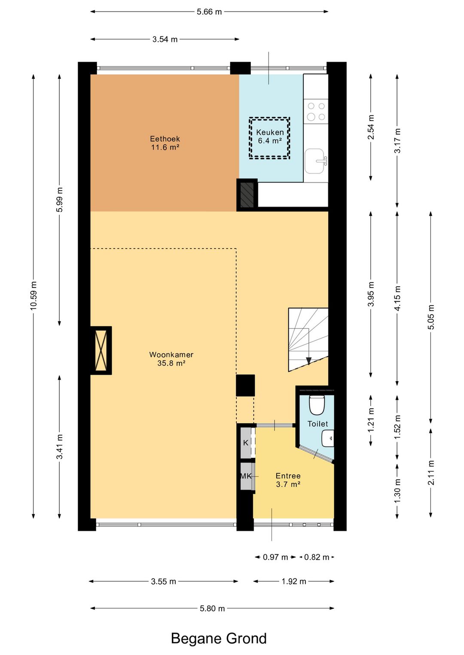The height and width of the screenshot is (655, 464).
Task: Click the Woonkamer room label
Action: [171, 355]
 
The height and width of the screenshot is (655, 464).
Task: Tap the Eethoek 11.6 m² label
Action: [165, 143]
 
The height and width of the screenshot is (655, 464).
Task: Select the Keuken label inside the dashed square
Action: [270, 133]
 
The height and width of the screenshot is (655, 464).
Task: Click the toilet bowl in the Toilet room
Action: [317, 405]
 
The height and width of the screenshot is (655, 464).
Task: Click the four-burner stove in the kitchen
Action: [316, 111]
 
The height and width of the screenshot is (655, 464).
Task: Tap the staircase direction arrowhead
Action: [308, 361]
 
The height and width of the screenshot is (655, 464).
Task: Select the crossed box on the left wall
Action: [101, 350]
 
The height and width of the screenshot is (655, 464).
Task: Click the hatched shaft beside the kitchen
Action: [247, 195]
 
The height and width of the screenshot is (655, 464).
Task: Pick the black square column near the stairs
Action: [245, 385]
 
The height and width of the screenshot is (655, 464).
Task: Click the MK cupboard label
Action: [246, 476]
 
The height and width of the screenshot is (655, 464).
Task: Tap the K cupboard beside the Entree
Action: [246, 443]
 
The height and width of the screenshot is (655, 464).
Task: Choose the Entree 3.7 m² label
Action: [288, 480]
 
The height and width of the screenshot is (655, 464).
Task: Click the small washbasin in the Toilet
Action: [328, 439]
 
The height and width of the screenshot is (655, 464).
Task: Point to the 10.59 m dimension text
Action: [34, 296]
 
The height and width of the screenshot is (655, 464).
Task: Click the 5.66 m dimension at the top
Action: [209, 12]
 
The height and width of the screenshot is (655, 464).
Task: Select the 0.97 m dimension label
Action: [275, 557]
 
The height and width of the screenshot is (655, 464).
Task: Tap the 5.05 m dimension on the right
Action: [430, 317]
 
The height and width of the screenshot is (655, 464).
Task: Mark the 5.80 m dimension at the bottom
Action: [212, 609]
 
